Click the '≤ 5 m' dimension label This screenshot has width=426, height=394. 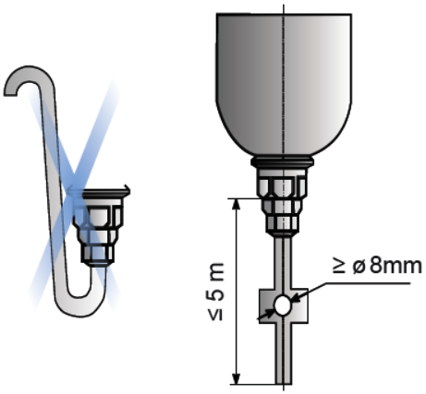216,292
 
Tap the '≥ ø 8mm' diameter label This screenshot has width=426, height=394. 377,266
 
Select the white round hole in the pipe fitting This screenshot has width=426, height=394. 283,305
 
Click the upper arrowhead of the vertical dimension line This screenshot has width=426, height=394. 236,205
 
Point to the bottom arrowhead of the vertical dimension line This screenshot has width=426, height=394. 236,378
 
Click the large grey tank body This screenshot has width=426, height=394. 284,84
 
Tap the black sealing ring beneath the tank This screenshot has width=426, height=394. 282,161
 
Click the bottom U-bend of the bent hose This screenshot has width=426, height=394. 80,304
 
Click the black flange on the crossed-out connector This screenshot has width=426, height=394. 106,194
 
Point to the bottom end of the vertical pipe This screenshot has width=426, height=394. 284,383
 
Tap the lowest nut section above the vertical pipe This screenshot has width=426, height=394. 282,225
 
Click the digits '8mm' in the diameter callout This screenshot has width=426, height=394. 396,266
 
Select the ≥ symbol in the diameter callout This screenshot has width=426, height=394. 339,267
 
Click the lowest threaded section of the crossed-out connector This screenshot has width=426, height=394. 97,255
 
